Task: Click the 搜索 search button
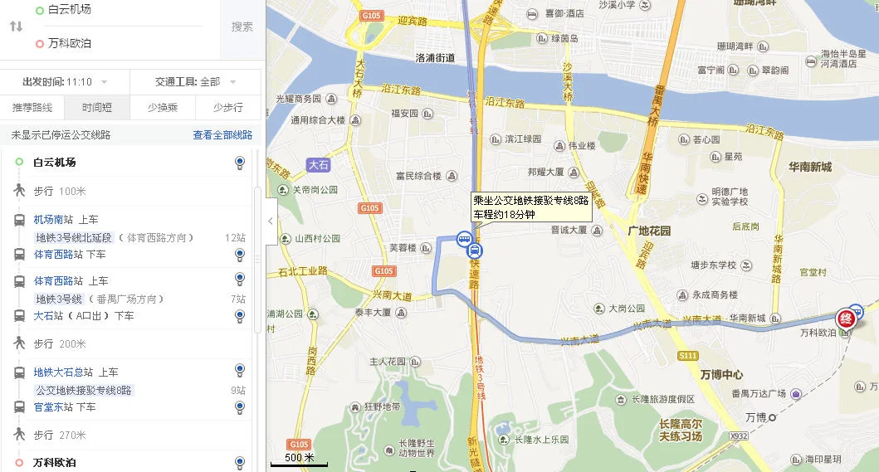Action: pyautogui.click(x=242, y=27)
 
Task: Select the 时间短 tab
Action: pyautogui.click(x=97, y=107)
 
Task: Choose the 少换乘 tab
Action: pyautogui.click(x=162, y=107)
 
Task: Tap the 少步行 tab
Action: pyautogui.click(x=227, y=107)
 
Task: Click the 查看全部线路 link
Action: pyautogui.click(x=222, y=134)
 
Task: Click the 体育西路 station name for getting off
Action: pyautogui.click(x=58, y=254)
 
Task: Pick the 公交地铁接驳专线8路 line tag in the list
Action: pyautogui.click(x=83, y=390)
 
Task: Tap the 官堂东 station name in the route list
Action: pyautogui.click(x=53, y=407)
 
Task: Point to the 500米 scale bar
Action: pyautogui.click(x=299, y=460)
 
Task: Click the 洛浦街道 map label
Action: pyautogui.click(x=435, y=58)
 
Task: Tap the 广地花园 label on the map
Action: pyautogui.click(x=649, y=230)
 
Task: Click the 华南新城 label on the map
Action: pyautogui.click(x=809, y=167)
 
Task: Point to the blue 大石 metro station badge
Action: pyautogui.click(x=319, y=165)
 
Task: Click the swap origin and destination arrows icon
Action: pyautogui.click(x=16, y=27)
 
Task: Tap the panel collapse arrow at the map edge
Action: pyautogui.click(x=271, y=221)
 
